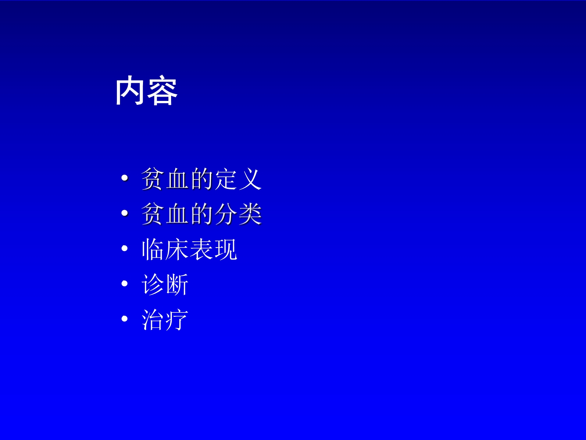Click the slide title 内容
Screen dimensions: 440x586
[146, 91]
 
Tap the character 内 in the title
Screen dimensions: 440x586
[130, 91]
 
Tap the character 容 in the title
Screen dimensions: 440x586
[163, 91]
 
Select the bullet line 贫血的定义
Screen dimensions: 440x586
[201, 179]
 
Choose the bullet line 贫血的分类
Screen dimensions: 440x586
[201, 214]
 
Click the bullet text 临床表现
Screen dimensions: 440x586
[189, 249]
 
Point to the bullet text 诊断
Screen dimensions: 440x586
[165, 284]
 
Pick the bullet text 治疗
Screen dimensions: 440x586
[165, 320]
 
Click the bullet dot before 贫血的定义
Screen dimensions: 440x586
[125, 178]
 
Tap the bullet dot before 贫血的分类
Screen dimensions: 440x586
[125, 214]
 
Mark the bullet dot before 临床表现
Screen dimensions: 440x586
[125, 248]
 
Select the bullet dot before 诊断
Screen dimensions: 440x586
[125, 284]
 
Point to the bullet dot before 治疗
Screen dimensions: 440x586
[125, 319]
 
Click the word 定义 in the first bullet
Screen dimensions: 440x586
[238, 179]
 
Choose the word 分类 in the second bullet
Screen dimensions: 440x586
[238, 214]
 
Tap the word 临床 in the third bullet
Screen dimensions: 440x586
[165, 249]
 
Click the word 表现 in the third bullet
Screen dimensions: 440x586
[213, 249]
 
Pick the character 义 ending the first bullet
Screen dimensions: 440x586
[250, 179]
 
